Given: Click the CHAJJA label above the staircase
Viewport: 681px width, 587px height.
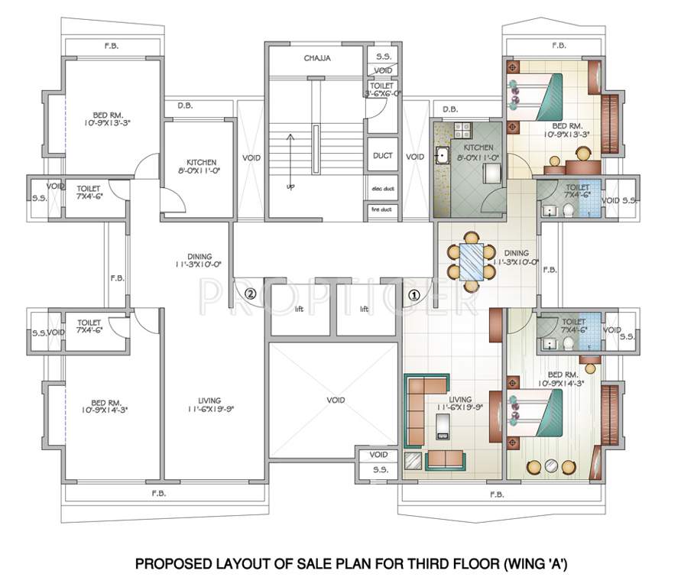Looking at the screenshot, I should point(316,57).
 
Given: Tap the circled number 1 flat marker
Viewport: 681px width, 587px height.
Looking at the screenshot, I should point(413,293).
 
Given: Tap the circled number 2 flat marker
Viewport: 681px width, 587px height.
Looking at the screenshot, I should point(249,293).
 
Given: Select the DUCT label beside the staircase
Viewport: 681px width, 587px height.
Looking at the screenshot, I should point(382,155).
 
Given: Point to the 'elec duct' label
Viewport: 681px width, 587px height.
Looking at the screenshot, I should point(382,189).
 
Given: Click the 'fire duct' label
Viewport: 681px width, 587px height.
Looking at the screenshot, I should point(382,209).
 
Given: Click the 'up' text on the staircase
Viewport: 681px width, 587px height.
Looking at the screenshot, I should point(289,186).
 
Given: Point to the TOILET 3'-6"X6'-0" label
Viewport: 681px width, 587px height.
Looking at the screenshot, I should point(382,89).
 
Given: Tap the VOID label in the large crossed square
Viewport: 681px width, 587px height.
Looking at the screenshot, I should point(335,400).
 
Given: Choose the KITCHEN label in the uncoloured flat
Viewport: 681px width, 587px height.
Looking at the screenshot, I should point(202,167).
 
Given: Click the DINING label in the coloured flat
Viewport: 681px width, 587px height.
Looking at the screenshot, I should point(516,257).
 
